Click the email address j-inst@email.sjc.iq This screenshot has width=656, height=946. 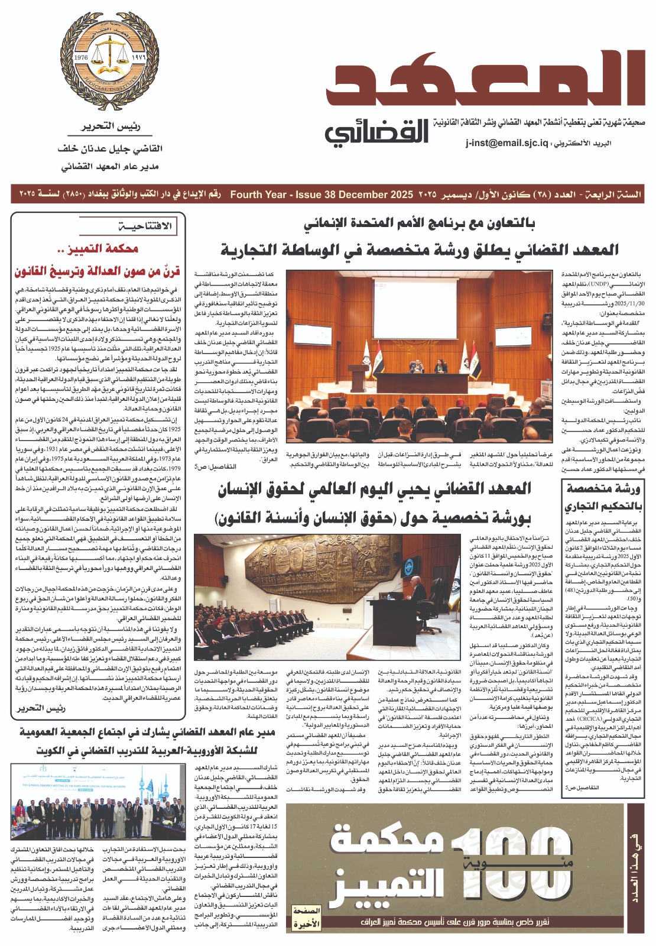coord(506,144)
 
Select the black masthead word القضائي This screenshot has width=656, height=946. coord(376,134)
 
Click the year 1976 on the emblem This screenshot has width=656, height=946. coord(81,58)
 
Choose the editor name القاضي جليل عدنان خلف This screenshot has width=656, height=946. coord(111,148)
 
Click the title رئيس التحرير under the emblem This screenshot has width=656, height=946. coord(111,127)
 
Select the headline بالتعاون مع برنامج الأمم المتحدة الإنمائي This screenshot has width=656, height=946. coord(418,223)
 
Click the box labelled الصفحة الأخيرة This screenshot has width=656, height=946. coord(306,917)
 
